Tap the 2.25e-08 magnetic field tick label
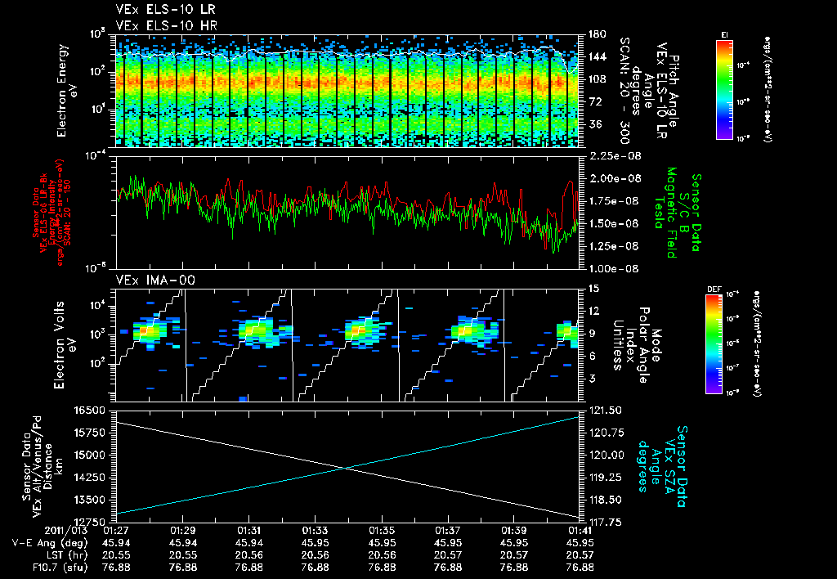point(608,155)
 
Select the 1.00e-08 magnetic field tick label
point(608,268)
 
